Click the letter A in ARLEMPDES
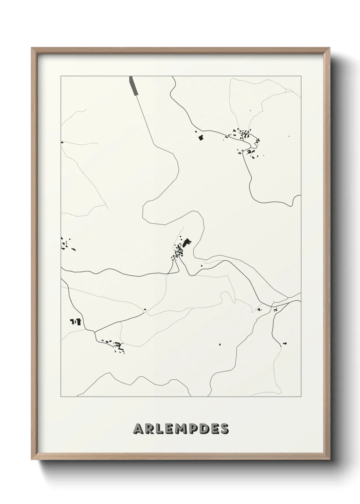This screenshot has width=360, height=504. coord(139,429)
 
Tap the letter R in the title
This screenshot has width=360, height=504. coord(151,429)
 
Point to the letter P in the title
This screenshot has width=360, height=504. coord(194,429)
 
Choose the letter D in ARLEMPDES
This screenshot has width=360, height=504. coord(204,429)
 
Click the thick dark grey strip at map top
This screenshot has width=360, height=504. coord(134,85)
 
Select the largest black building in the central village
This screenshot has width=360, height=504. coord(186,243)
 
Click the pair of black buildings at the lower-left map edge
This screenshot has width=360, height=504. coord(75,321)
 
